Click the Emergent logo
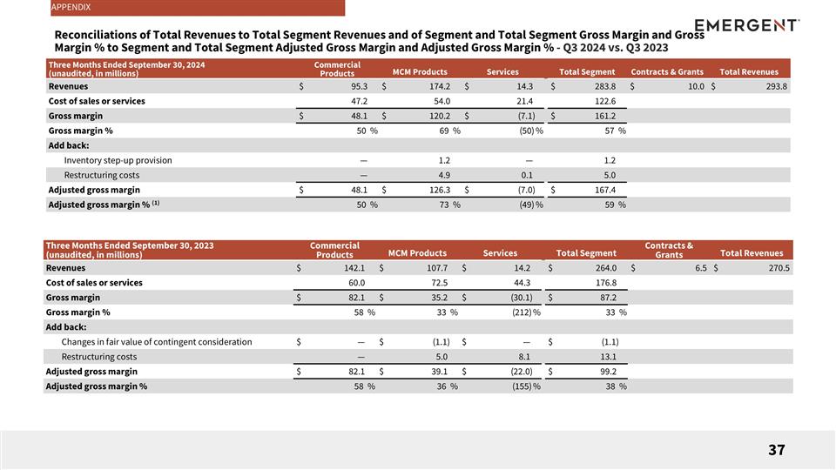click(747, 25)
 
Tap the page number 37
click(777, 450)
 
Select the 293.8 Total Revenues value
click(775, 86)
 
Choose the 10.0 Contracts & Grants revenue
click(695, 86)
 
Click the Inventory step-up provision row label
click(118, 160)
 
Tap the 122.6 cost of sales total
click(604, 101)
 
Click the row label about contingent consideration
click(156, 342)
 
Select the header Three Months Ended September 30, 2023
click(129, 246)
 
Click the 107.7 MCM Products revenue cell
click(435, 268)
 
